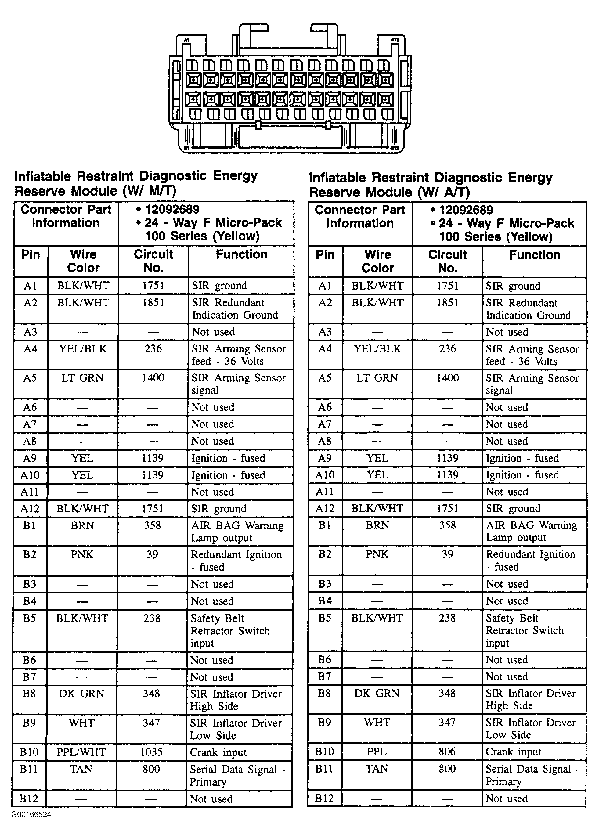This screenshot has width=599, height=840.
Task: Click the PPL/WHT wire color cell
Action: click(x=81, y=752)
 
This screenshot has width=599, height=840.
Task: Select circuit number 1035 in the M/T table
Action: click(x=151, y=752)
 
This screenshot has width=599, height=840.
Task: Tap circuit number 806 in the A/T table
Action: click(x=447, y=752)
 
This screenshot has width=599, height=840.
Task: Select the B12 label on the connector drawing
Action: click(x=394, y=148)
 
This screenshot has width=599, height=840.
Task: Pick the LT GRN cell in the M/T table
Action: click(x=83, y=378)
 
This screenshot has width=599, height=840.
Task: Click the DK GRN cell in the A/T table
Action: click(x=377, y=693)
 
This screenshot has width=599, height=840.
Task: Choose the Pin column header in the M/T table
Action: click(x=31, y=254)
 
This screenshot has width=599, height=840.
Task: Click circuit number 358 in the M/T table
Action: click(x=152, y=525)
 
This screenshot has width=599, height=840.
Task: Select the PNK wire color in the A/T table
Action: click(x=377, y=554)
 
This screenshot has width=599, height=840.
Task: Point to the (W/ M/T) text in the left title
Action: click(x=150, y=191)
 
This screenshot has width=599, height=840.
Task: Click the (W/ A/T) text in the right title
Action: click(x=444, y=192)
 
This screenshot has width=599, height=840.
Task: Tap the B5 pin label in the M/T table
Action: click(x=30, y=618)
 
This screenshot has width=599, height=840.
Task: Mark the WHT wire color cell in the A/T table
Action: click(x=377, y=722)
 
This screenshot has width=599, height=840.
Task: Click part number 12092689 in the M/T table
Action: click(x=172, y=209)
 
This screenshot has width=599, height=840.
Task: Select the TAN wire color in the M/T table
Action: click(x=81, y=769)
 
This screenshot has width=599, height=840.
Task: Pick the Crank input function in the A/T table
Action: click(x=514, y=752)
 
